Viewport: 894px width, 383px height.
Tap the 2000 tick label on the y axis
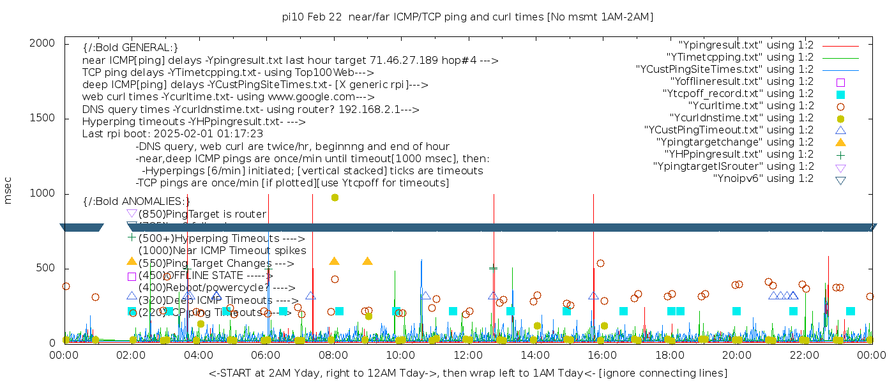point(45,43)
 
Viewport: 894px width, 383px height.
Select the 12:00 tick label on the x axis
point(467,355)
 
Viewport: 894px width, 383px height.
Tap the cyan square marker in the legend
point(840,94)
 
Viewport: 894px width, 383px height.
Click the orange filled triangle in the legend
point(840,142)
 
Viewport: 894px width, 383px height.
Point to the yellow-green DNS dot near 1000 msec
point(335,197)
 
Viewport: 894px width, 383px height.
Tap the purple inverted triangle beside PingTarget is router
point(132,213)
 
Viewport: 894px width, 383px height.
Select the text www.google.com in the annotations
point(316,97)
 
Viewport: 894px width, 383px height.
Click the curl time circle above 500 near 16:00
point(600,263)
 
